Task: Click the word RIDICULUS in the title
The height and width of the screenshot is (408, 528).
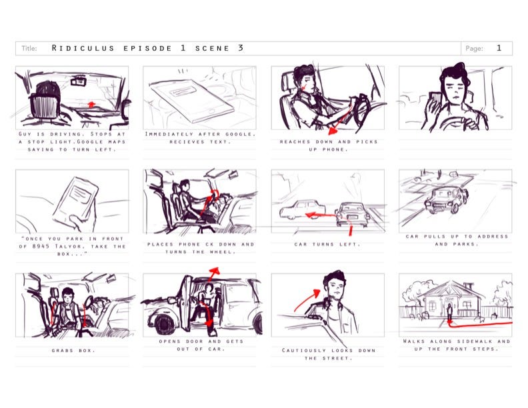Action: coord(83,48)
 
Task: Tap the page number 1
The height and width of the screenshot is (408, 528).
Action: coord(499,48)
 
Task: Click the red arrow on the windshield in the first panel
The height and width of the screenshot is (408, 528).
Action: coord(90,104)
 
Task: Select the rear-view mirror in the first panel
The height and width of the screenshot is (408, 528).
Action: coord(77,81)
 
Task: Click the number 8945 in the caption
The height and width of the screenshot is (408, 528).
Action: coord(41,246)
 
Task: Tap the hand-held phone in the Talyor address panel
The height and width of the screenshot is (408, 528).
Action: coord(75,199)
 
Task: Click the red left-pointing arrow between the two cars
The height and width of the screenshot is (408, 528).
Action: coord(320,215)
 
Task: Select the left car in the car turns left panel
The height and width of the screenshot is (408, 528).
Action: coord(301,210)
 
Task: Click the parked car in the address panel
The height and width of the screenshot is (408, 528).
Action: coord(446,199)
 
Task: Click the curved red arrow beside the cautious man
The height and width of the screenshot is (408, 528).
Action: coord(307,299)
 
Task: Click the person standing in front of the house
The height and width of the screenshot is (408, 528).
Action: coord(449,312)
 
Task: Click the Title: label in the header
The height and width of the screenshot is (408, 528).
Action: coord(29,49)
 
